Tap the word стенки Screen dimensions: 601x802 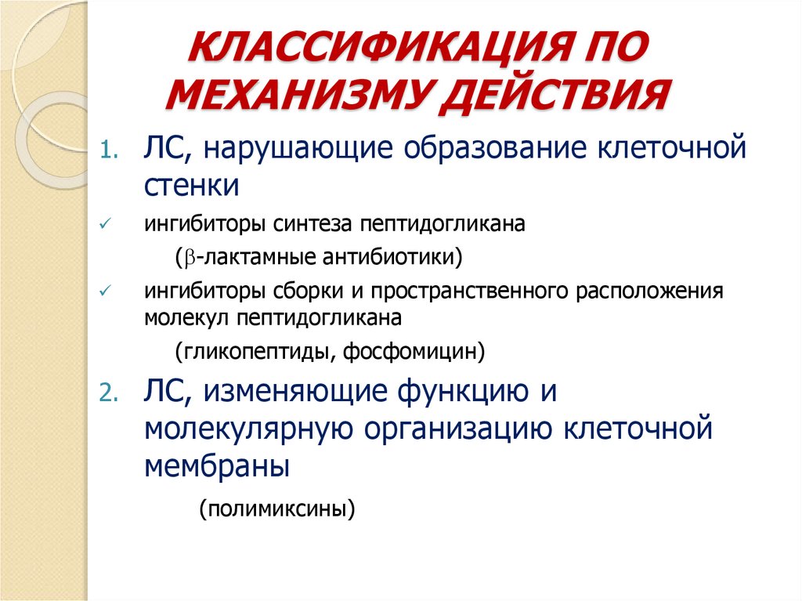(192, 187)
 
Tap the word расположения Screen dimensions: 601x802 (648, 291)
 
